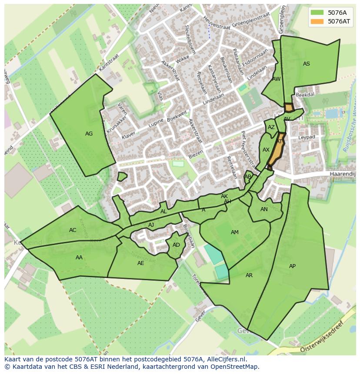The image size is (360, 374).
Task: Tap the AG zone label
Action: [x=89, y=134]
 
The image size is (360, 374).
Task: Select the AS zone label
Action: [x=306, y=64]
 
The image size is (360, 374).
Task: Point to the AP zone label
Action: [x=292, y=266]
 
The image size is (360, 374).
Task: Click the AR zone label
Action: [x=249, y=275]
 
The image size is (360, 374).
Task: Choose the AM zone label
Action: [x=234, y=232]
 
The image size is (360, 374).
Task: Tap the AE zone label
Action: [x=140, y=263]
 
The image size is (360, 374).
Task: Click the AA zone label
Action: [x=79, y=258]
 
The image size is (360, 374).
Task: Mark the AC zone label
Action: [x=73, y=230]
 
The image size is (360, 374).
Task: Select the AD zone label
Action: [x=176, y=245]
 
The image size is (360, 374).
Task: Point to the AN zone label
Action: [x=264, y=209]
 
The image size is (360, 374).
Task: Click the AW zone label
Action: [x=276, y=79]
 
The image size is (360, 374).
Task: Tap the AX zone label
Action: [x=266, y=150]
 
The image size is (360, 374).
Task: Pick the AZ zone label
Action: [x=271, y=128]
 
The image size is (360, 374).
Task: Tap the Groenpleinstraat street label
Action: [x=251, y=20]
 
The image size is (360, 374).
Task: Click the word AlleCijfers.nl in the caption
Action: [x=225, y=359]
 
